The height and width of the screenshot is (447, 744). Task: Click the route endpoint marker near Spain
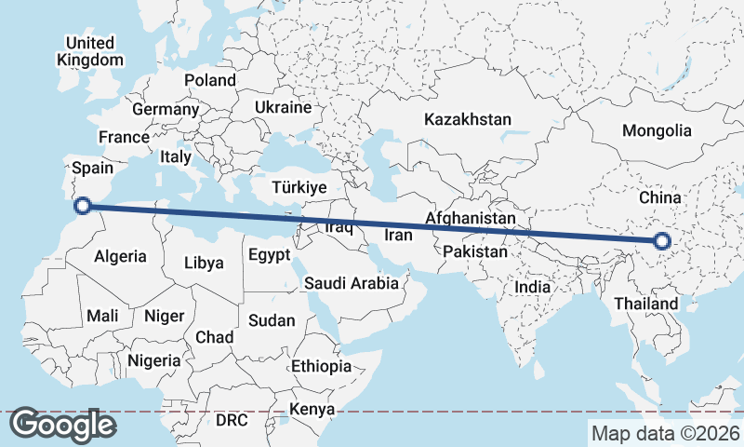pos(82,206)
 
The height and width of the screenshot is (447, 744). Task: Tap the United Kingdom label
pos(90,51)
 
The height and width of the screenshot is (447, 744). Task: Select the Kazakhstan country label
pos(468,119)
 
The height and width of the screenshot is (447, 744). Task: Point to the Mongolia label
pos(658,130)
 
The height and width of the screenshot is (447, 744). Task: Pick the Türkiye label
pos(299,187)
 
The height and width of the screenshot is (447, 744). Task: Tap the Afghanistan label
pos(470,218)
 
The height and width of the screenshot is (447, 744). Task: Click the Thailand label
pos(646,304)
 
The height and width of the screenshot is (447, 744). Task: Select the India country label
pos(533,288)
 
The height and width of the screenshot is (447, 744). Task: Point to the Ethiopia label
pos(321,366)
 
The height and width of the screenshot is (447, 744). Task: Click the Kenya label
pos(312,410)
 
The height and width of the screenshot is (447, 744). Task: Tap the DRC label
pos(232,420)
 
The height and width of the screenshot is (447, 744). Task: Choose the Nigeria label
pos(153,360)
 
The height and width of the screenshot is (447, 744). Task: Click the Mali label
pos(102,317)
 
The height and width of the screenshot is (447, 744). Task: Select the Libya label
pos(204,263)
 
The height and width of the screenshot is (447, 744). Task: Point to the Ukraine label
pos(283,107)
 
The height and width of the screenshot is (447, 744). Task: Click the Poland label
pos(209,80)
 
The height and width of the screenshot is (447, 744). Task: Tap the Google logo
pos(63,424)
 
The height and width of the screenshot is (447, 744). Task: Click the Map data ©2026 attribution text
pos(666,433)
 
